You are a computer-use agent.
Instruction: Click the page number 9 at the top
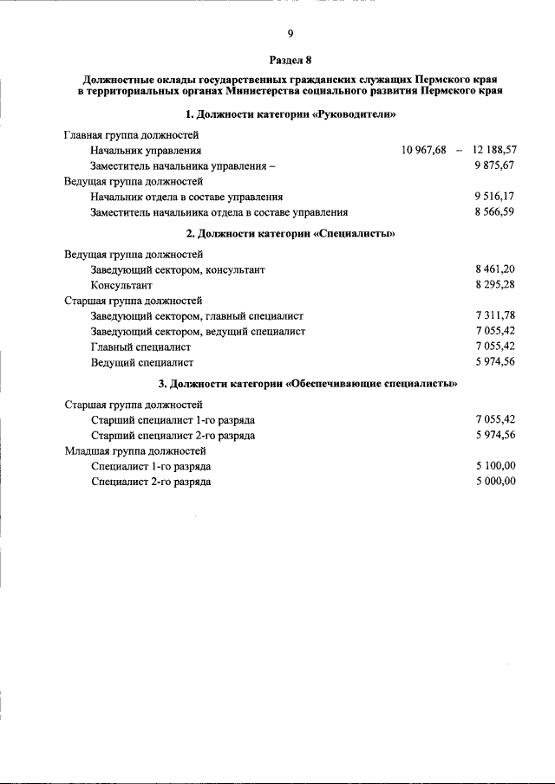[x=291, y=34]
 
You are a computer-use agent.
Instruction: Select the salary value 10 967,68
[x=424, y=150]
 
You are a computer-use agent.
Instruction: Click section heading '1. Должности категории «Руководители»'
[x=291, y=113]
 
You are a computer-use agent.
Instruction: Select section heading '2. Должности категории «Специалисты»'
[x=291, y=233]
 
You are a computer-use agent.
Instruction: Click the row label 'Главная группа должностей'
[x=132, y=135]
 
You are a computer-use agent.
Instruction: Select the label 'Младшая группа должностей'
[x=135, y=450]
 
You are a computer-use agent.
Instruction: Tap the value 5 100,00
[x=495, y=465]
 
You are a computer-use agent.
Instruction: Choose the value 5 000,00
[x=495, y=481]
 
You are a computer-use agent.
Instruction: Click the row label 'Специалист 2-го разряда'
[x=151, y=482]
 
